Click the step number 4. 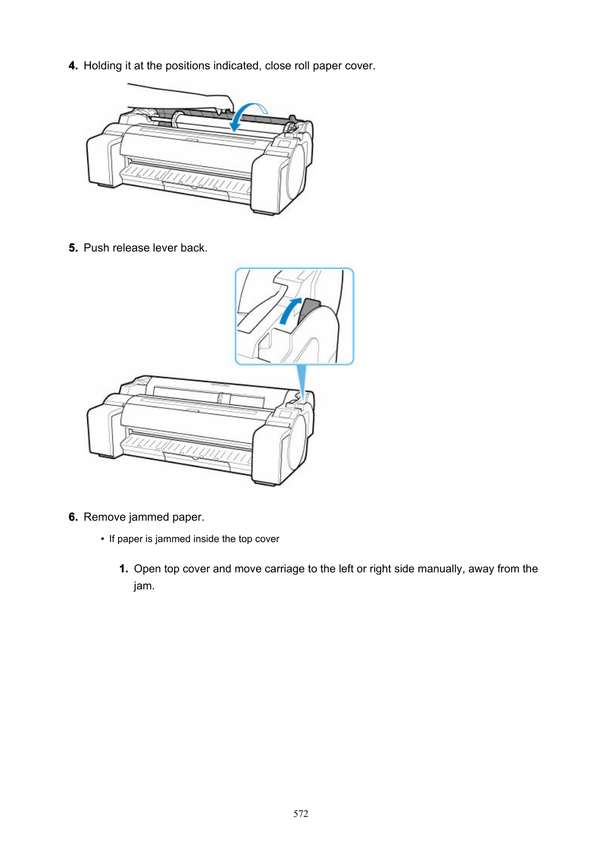pyautogui.click(x=73, y=66)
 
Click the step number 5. pyautogui.click(x=73, y=248)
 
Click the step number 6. pyautogui.click(x=73, y=517)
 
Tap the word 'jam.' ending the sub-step pyautogui.click(x=144, y=586)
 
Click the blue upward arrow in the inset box pyautogui.click(x=290, y=311)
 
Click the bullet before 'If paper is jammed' pyautogui.click(x=102, y=539)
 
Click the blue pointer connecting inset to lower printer pyautogui.click(x=302, y=382)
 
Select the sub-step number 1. pyautogui.click(x=123, y=569)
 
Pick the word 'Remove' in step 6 pyautogui.click(x=104, y=517)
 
